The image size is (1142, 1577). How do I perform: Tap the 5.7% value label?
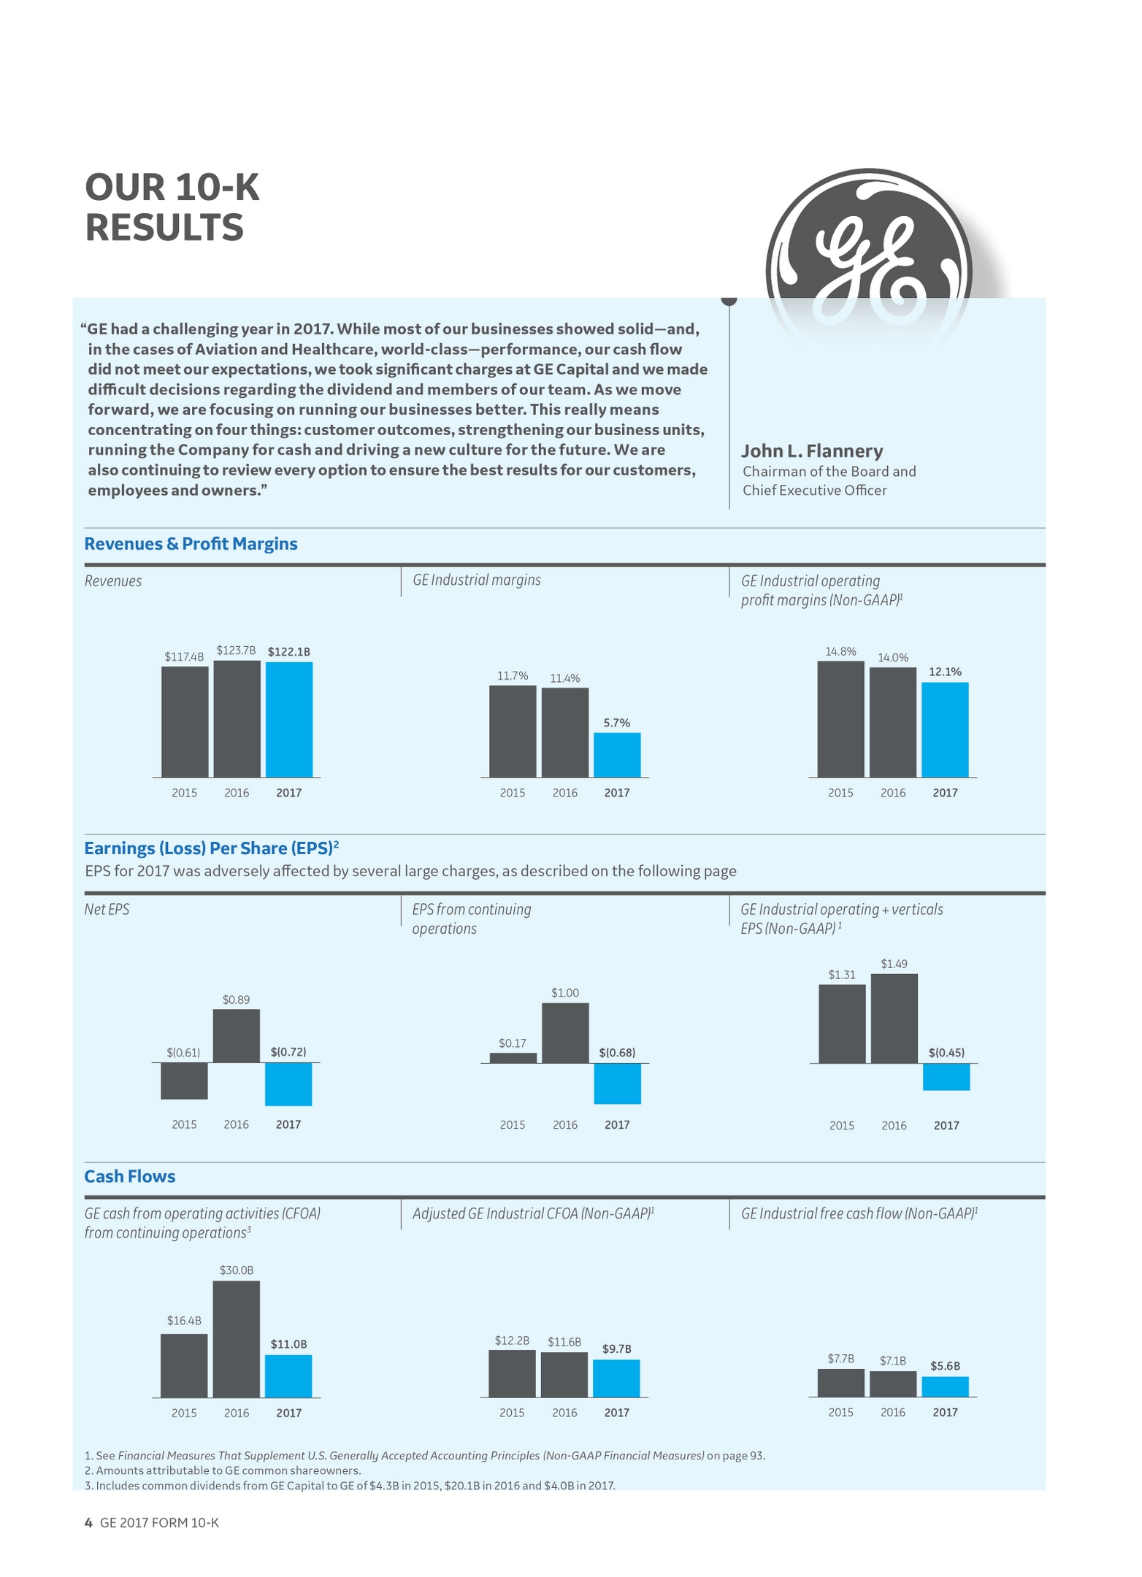pos(617,723)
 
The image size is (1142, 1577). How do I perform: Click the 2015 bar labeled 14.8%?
pos(840,719)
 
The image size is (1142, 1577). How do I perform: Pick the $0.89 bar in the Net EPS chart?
pos(236,1036)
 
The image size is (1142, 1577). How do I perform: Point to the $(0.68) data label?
pos(617,1052)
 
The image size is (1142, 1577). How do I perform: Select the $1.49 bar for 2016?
pos(894,1018)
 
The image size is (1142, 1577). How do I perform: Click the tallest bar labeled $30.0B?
pos(236,1339)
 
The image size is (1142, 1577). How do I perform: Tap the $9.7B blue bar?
pos(616,1378)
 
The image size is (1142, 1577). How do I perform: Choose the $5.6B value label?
pos(945,1365)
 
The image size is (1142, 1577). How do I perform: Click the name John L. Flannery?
pos(812,450)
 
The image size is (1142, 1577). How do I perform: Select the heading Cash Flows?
pos(130,1176)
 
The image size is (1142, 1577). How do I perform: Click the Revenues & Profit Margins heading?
pos(191,544)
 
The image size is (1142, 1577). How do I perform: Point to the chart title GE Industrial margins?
pos(477,580)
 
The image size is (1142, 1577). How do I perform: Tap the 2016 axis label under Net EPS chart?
pos(236,1124)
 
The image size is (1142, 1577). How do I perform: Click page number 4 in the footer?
pos(88,1522)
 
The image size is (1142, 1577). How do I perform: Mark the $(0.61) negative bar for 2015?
pos(184,1081)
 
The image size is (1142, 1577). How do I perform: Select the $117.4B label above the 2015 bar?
pos(184,656)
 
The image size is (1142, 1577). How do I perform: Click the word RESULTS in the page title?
pos(164,228)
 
